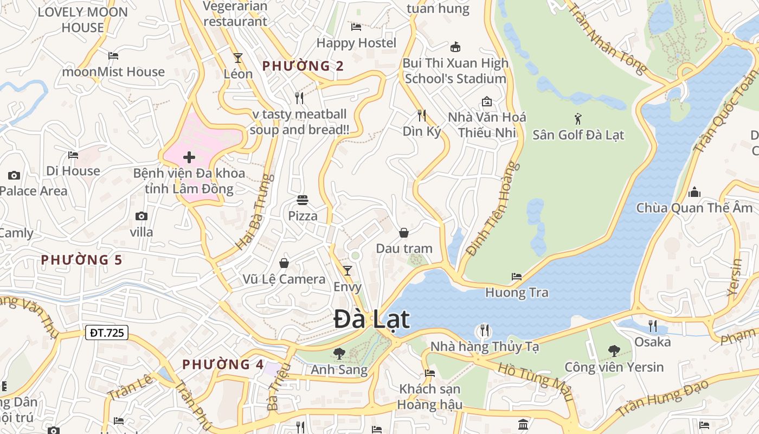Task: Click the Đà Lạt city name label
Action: click(x=371, y=319)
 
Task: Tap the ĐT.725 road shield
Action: click(x=106, y=333)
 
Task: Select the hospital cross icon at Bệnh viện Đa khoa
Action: click(x=189, y=158)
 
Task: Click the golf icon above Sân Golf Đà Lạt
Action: click(x=578, y=118)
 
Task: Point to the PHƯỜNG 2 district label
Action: click(x=303, y=66)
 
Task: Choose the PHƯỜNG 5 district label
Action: click(x=82, y=260)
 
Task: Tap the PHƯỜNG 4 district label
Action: click(x=223, y=365)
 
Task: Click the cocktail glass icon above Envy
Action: click(x=348, y=270)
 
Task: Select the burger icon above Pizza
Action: click(x=303, y=200)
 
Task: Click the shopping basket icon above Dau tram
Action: click(x=404, y=233)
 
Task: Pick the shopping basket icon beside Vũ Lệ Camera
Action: click(x=284, y=263)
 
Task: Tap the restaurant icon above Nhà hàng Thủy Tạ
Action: click(x=484, y=330)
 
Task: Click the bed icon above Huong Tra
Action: click(x=517, y=277)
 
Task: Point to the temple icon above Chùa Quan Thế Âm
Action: click(x=694, y=192)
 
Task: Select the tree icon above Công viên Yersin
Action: click(x=614, y=351)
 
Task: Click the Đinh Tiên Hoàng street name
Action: click(x=492, y=208)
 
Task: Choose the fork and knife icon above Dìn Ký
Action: click(x=422, y=115)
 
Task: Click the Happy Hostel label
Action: click(x=356, y=43)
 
